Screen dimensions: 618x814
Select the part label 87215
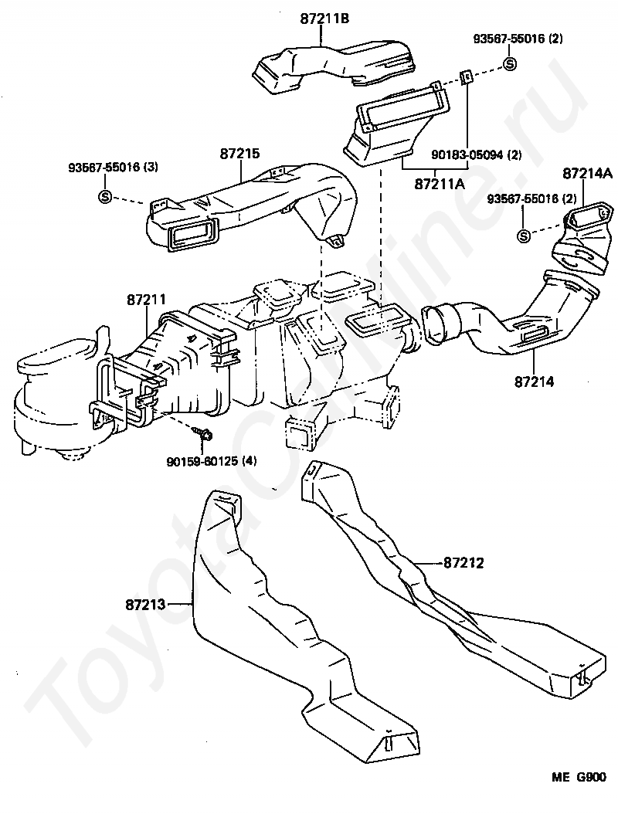pyautogui.click(x=240, y=154)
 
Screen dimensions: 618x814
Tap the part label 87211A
pyautogui.click(x=440, y=183)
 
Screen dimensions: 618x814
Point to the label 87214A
pyautogui.click(x=587, y=174)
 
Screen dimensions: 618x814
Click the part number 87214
pyautogui.click(x=535, y=382)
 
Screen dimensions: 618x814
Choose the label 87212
pyautogui.click(x=463, y=563)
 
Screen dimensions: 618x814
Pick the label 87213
pyautogui.click(x=145, y=604)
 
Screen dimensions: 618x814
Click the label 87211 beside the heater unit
pyautogui.click(x=147, y=300)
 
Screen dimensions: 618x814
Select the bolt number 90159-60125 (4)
pyautogui.click(x=212, y=460)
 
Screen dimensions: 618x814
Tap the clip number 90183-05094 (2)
pyautogui.click(x=477, y=154)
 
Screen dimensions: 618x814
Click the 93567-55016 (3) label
pyautogui.click(x=114, y=167)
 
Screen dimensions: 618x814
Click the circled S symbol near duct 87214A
pyautogui.click(x=524, y=236)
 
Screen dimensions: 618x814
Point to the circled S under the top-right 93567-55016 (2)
pyautogui.click(x=509, y=64)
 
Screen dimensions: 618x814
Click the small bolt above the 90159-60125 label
pyautogui.click(x=200, y=432)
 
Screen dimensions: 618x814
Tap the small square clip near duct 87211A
pyautogui.click(x=467, y=76)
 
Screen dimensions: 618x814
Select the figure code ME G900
pyautogui.click(x=579, y=777)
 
